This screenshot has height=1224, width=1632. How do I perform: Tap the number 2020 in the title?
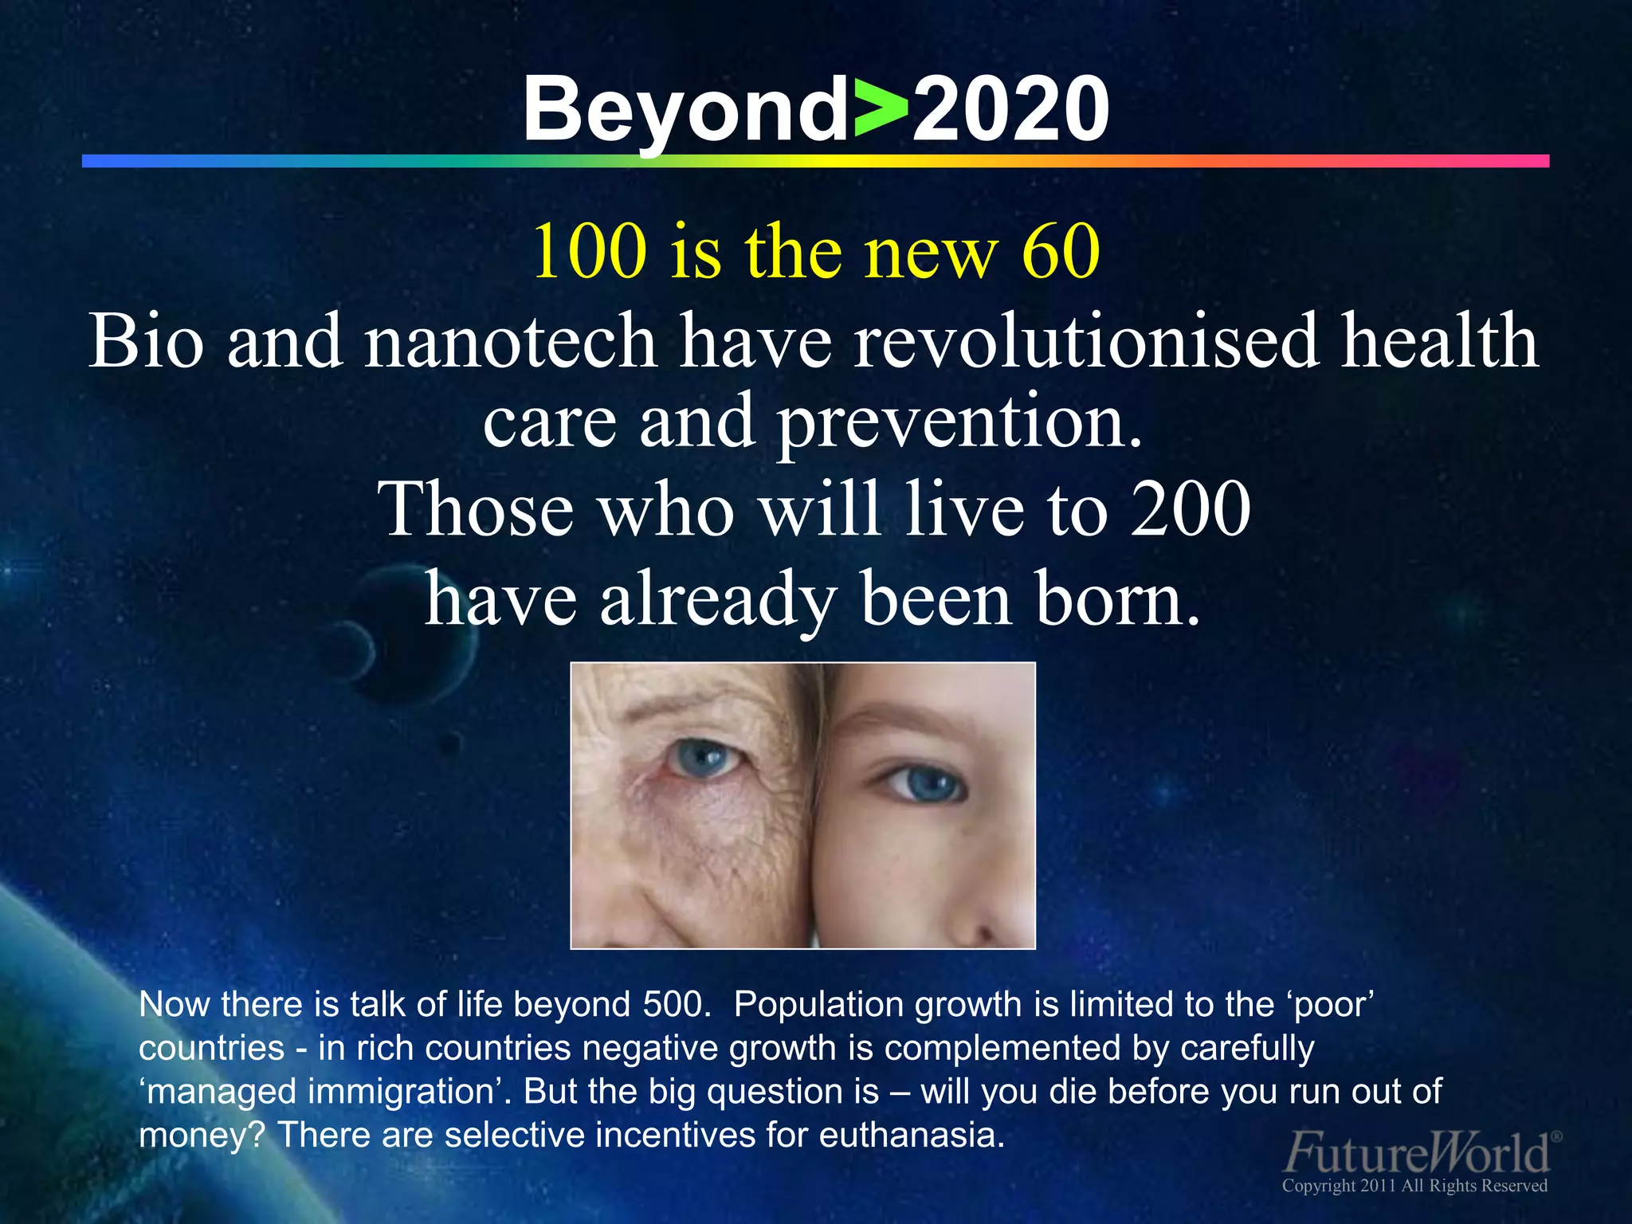tap(1010, 110)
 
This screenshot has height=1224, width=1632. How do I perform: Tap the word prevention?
tap(959, 422)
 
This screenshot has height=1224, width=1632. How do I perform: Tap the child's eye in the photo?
tap(924, 784)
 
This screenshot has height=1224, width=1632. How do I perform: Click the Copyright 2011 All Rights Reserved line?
tap(1414, 1186)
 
